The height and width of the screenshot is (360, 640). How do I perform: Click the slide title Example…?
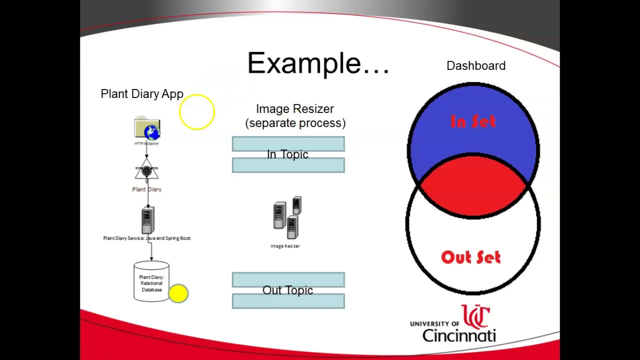(318, 64)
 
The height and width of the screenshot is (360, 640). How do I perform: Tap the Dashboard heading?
(475, 66)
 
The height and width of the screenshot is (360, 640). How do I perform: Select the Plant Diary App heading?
(142, 94)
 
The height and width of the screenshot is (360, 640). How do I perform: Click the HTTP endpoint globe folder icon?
(147, 129)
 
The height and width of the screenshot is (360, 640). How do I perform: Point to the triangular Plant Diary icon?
(146, 171)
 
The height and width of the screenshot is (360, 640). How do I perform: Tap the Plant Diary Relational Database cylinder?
(151, 282)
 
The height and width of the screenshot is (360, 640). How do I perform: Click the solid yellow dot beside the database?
(178, 293)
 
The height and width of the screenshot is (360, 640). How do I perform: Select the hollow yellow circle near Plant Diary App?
(196, 112)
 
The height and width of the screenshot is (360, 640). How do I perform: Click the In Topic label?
(287, 154)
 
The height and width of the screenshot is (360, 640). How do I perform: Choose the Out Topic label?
(287, 290)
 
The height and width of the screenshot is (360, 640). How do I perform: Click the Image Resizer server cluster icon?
(287, 218)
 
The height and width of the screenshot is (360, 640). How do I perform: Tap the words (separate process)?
(295, 123)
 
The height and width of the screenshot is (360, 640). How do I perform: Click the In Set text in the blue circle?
(473, 121)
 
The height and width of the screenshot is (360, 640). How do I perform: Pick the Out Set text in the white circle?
(470, 257)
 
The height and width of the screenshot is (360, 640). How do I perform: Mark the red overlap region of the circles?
(473, 190)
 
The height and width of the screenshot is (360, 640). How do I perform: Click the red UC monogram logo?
(475, 316)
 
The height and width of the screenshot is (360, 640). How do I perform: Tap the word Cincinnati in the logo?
(459, 335)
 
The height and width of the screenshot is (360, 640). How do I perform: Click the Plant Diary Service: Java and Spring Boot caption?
(146, 238)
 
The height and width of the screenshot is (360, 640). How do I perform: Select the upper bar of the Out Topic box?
(288, 279)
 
